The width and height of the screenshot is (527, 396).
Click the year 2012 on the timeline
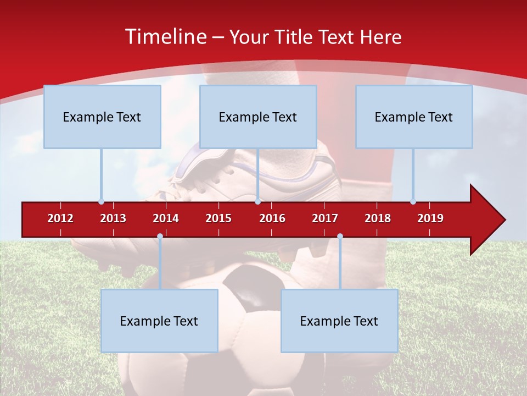point(60,218)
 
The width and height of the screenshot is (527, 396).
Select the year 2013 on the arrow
point(113,218)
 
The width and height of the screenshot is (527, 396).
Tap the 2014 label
point(166,218)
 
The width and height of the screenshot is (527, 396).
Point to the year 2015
point(218,218)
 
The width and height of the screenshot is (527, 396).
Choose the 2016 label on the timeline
point(272,218)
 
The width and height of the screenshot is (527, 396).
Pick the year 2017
point(325,218)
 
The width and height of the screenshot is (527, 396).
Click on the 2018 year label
point(378,218)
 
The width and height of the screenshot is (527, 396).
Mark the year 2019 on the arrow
point(430,218)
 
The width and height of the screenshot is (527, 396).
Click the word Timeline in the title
point(165,37)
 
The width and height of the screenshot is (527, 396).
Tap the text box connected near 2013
point(102,117)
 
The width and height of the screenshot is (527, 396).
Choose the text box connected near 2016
point(258,117)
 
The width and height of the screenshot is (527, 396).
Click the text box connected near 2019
point(414,117)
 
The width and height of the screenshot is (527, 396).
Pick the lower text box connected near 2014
point(159,321)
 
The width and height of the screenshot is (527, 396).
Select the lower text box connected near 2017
point(339,321)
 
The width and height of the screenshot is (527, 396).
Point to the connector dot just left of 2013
point(101,201)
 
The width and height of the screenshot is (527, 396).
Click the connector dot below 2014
point(160,236)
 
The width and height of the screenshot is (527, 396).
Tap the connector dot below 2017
point(340,236)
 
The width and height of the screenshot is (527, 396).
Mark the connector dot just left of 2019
point(413,201)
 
